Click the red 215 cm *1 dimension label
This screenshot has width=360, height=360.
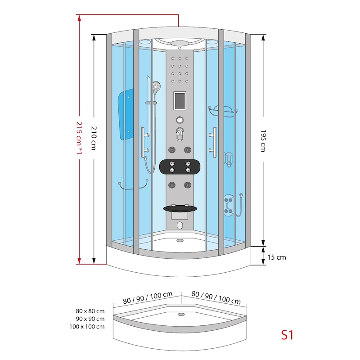point(79,138)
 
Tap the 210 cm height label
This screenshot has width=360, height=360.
point(94,138)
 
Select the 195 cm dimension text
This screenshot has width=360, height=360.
point(263,141)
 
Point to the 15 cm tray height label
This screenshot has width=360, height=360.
point(276,257)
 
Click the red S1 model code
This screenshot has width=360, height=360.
point(287,334)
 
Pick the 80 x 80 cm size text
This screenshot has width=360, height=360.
point(90,311)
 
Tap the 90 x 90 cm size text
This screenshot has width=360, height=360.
point(90,319)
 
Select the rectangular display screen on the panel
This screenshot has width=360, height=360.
point(180,100)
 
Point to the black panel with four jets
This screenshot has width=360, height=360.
point(180,166)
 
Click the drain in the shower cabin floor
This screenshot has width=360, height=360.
point(180,240)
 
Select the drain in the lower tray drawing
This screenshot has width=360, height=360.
point(181,315)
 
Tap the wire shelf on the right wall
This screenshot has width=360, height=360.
point(223,111)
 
